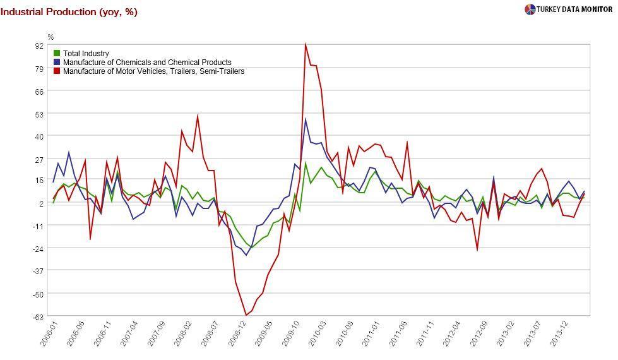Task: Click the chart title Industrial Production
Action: coord(69,12)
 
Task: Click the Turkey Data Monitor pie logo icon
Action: coord(530,9)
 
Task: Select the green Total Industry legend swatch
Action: coord(57,54)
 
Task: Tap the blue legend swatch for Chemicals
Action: coord(57,63)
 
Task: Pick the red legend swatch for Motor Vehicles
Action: coord(57,71)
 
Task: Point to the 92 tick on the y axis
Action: coord(39,45)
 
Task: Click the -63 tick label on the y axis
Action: coord(39,316)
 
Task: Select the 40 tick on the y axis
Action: coord(39,136)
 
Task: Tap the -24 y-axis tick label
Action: coord(39,249)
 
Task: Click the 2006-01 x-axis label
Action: coord(47,333)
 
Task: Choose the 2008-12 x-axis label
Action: coord(235,333)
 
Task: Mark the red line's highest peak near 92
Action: coord(306,45)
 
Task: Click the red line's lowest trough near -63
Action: coord(246,315)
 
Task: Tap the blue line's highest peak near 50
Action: coord(306,119)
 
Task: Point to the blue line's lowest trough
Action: coord(246,255)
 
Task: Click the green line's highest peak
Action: coord(306,164)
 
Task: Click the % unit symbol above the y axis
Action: coord(51,37)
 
